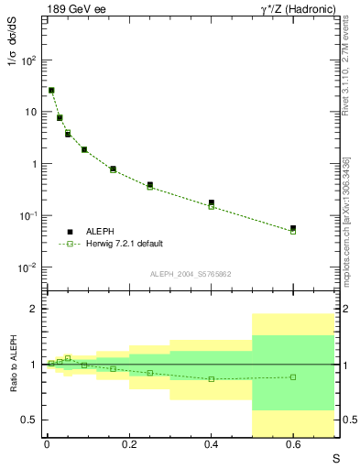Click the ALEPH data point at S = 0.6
(293, 228)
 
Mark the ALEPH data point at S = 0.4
(212, 202)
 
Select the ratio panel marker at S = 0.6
(293, 376)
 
